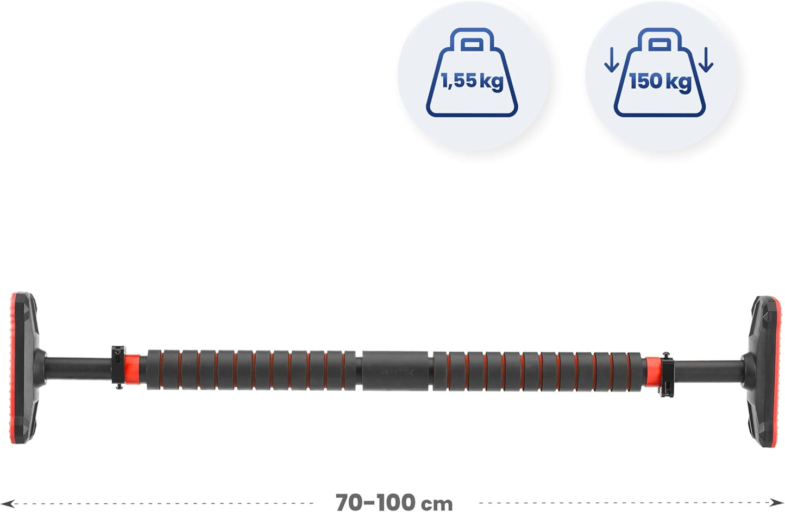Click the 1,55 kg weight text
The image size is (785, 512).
pos(472,82)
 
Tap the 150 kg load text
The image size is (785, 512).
pos(660,82)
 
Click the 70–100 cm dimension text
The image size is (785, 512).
pos(394,503)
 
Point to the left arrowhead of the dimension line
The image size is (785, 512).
pos(8,504)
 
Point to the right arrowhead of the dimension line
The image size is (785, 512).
pos(777,503)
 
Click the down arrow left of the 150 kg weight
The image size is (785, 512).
pos(612,60)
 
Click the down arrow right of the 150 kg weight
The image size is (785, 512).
pos(706,60)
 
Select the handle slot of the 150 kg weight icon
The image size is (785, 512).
pos(660,45)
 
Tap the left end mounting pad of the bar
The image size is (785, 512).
pos(24,368)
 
